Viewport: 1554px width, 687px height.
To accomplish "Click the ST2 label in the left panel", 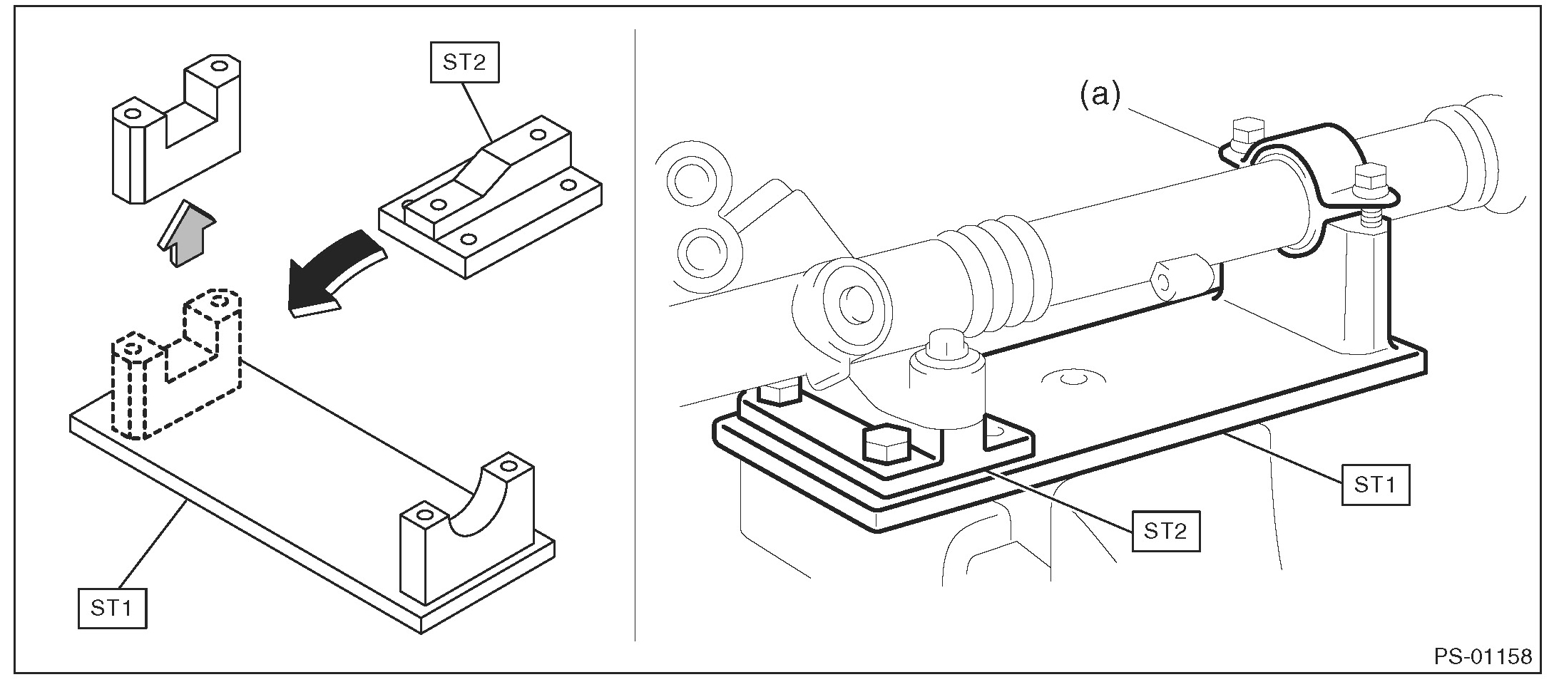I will coord(464,63).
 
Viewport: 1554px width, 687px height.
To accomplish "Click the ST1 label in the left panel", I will coord(112,607).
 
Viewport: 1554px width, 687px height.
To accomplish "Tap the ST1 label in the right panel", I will coord(1375,485).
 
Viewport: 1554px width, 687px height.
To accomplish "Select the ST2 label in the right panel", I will coord(1165,531).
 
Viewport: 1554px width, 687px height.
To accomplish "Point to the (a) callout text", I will coord(1100,95).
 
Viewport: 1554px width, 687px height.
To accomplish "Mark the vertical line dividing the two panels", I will coord(635,335).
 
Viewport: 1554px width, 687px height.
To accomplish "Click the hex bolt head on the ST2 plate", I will coord(885,446).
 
